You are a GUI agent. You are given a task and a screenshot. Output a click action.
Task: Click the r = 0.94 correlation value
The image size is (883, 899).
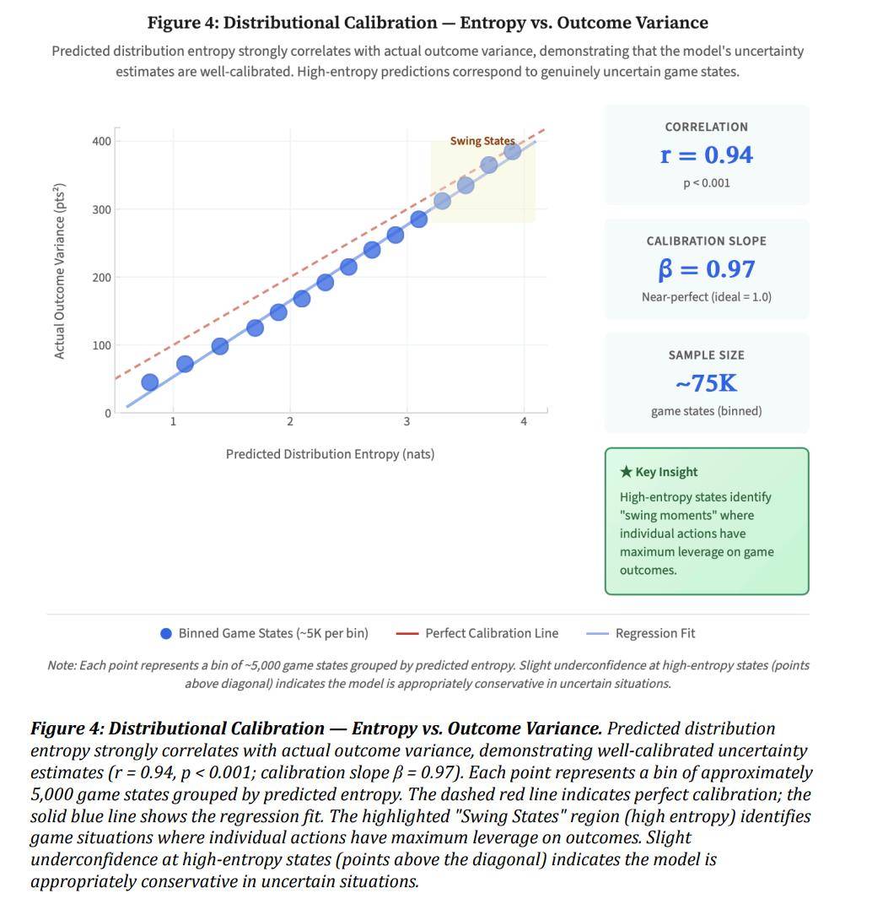tap(706, 155)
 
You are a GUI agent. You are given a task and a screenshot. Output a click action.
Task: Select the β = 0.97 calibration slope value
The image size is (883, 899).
tap(706, 269)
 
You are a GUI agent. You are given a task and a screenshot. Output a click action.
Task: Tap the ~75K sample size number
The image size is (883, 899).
tap(706, 384)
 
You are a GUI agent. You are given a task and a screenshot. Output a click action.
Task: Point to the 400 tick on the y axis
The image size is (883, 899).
tap(101, 141)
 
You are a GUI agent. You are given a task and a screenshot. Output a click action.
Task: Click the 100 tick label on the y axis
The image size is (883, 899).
tap(101, 345)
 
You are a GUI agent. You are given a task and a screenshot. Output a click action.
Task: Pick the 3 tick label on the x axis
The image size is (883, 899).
tap(407, 422)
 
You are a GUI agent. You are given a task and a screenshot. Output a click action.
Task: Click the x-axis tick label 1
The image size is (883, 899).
tap(173, 422)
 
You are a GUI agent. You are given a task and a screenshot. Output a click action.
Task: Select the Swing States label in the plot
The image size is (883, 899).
tap(482, 141)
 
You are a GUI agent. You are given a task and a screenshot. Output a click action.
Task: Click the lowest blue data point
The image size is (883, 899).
tap(150, 382)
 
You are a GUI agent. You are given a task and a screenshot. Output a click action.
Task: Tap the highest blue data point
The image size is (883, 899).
tap(512, 151)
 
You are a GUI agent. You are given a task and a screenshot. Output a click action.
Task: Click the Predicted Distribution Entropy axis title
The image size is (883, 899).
tap(330, 454)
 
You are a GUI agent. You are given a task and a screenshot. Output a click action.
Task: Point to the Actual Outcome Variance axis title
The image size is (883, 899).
tap(60, 270)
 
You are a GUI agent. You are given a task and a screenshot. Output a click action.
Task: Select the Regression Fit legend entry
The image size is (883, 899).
tap(654, 633)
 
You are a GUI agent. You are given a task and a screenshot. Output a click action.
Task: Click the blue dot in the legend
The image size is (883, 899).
tap(166, 634)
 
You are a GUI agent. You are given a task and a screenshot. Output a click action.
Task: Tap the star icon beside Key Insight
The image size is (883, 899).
tap(626, 472)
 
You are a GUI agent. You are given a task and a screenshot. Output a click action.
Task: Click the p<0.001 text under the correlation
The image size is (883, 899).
tap(706, 183)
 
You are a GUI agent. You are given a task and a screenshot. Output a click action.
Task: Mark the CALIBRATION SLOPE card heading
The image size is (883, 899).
tap(706, 241)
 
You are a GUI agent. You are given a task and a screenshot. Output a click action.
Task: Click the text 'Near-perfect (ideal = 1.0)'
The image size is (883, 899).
tap(706, 297)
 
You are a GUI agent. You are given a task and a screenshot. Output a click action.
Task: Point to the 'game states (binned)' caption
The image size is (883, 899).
tap(706, 411)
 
